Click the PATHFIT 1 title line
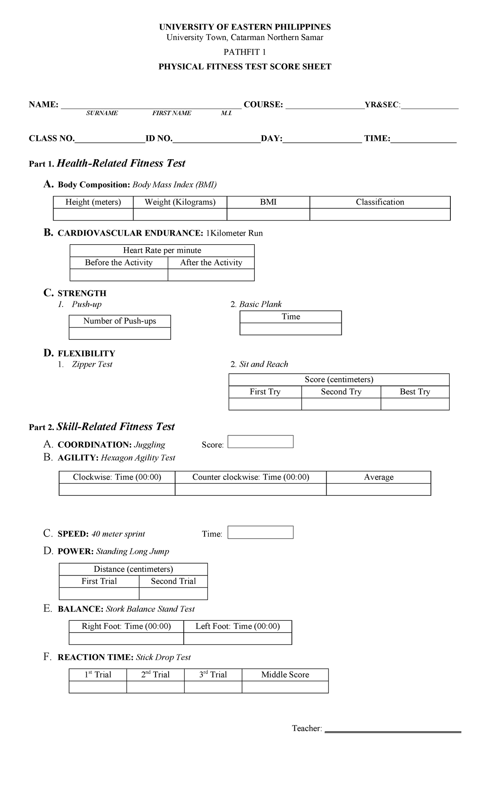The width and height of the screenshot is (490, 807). pos(245,52)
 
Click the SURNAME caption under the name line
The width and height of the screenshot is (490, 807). pos(102,113)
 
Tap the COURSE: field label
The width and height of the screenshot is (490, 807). pos(263,105)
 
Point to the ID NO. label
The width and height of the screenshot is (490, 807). pos(159,138)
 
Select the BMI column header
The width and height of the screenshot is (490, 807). pos(268,202)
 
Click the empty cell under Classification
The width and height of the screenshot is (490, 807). pos(380,214)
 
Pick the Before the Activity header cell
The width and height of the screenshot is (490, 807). pos(118,263)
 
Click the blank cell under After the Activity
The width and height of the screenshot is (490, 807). pos(211,275)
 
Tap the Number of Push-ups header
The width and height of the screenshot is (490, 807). pos(120,321)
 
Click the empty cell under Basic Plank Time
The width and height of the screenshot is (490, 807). pos(290,329)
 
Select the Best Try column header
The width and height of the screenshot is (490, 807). pos(415,392)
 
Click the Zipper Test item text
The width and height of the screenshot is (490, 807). pos(92,364)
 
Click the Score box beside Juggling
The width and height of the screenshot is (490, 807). pos(260,442)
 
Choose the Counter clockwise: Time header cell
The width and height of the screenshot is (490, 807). pos(250,477)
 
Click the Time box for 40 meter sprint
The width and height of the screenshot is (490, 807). pos(260,532)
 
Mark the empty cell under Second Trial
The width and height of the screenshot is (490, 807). pos(173,593)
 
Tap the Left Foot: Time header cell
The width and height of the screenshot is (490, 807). pos(238,626)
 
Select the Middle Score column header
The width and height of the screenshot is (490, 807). pos(285,675)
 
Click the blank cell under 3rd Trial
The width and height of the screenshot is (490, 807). pos(213,687)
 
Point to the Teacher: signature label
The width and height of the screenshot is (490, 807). pos(307,729)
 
